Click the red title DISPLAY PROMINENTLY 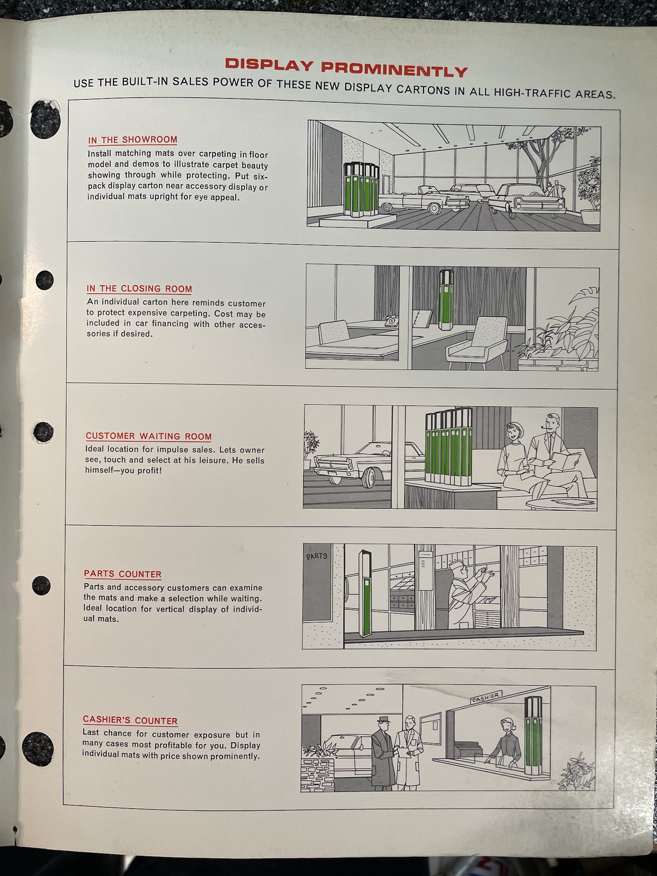[x=346, y=68]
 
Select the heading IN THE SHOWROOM [x=133, y=140]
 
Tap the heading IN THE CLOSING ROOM [x=139, y=289]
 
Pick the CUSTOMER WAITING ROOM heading [x=149, y=436]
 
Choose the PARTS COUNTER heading [x=123, y=574]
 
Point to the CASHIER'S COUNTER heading [x=130, y=720]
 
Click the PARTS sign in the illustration [x=317, y=557]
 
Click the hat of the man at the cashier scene [x=384, y=719]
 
